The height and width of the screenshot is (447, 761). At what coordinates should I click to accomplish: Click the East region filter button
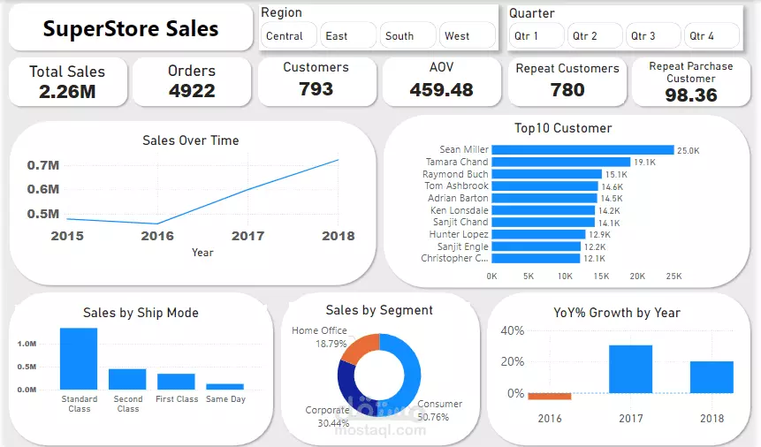336,36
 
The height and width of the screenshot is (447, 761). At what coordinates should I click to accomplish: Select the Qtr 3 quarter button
643,36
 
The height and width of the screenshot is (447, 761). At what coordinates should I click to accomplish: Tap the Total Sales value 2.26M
67,91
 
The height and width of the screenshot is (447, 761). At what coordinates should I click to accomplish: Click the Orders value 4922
192,90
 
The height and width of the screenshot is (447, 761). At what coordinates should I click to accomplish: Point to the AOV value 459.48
441,89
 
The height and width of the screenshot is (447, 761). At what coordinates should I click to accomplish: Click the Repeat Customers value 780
567,89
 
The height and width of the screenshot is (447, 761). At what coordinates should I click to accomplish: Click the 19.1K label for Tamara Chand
643,163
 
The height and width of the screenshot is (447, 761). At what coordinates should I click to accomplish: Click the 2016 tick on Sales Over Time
157,236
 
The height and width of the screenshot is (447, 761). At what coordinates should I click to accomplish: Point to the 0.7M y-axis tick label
43,165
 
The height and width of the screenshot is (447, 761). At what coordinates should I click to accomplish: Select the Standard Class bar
79,359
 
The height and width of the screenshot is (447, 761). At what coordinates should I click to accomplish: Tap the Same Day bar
224,386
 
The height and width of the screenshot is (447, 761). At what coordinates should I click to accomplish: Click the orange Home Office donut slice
359,347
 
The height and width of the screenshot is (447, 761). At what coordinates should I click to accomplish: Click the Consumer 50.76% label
439,410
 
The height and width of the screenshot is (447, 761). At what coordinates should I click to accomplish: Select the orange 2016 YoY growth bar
550,397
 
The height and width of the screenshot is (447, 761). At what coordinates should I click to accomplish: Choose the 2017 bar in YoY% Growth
630,369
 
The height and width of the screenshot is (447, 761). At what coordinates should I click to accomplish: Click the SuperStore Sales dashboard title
131,28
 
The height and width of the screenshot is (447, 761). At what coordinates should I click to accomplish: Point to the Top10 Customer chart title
563,128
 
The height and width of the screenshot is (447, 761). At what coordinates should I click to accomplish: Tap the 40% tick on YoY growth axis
513,330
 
